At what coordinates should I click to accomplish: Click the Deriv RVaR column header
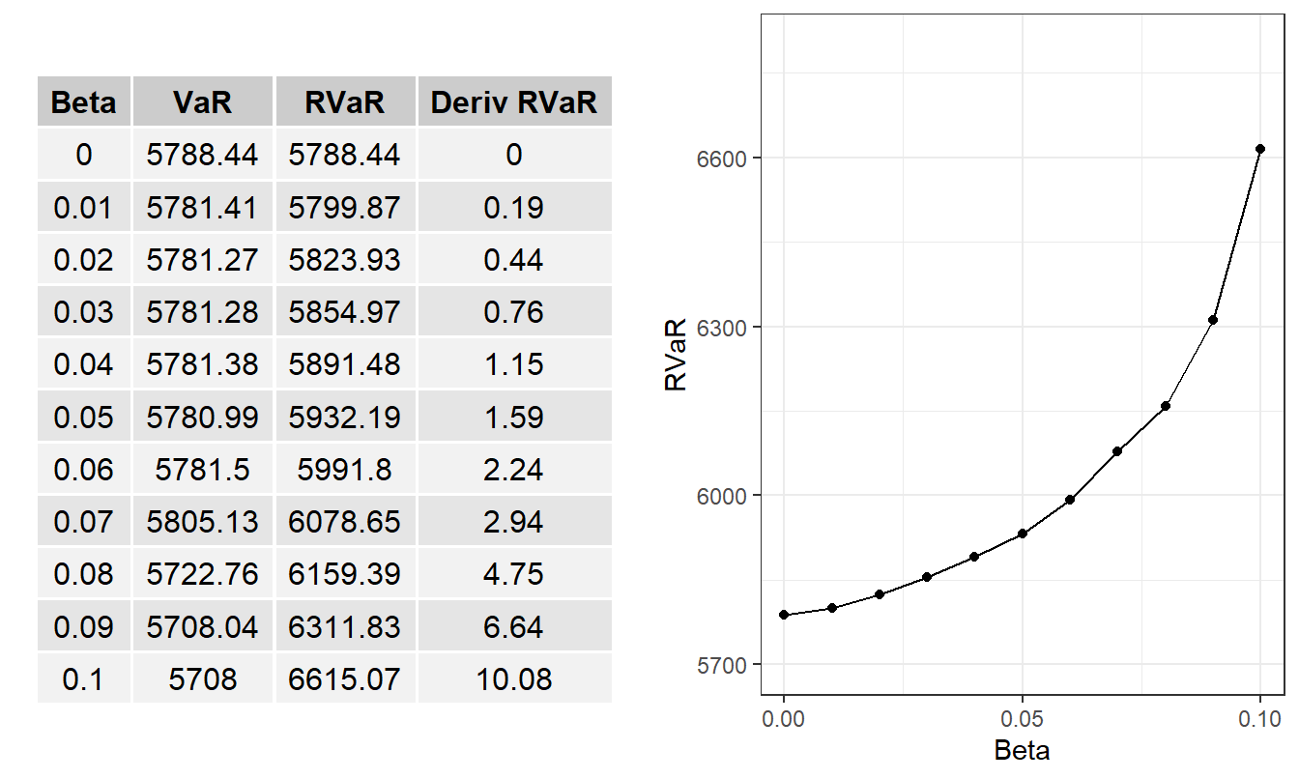(514, 102)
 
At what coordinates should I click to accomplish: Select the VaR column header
(203, 102)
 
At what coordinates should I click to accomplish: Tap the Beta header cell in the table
(84, 102)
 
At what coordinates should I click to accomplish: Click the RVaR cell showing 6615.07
(344, 678)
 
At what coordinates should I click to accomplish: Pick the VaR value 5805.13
(203, 522)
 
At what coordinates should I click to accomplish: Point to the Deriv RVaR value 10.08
(514, 678)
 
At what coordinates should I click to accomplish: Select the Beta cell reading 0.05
(84, 418)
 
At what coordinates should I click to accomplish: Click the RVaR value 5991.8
(344, 470)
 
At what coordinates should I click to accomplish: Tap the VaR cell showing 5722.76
(203, 574)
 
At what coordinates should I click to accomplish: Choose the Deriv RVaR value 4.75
(514, 574)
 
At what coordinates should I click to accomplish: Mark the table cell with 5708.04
(203, 626)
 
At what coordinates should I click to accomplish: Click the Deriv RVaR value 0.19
(514, 208)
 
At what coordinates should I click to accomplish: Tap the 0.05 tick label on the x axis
(1022, 719)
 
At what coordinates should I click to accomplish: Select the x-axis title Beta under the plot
(1022, 750)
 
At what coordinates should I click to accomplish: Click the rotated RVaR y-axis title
(676, 357)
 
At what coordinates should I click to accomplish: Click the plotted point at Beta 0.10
(1260, 149)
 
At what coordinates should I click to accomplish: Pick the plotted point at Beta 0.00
(784, 615)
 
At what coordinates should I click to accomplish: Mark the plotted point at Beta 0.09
(1213, 320)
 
